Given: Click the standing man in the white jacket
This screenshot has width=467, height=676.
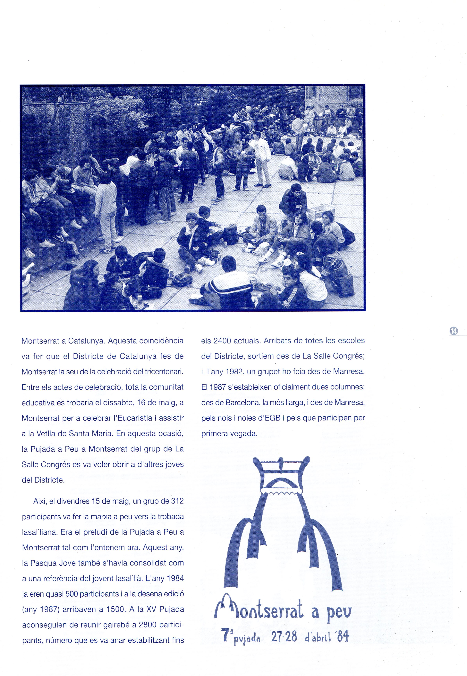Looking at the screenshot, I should [x=262, y=161].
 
